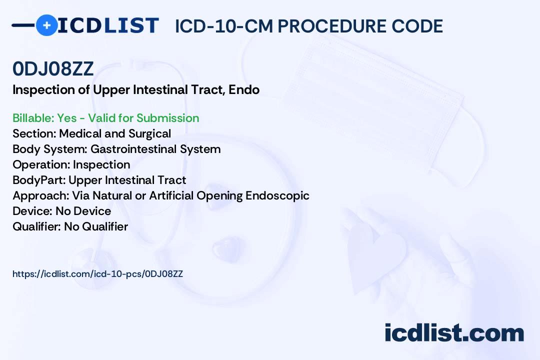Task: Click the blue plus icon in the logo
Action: (46, 25)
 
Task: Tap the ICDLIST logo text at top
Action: (108, 25)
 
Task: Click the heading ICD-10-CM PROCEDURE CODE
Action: (309, 26)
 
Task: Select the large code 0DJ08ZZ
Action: (53, 68)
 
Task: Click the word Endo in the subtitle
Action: (244, 89)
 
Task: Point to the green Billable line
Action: (105, 118)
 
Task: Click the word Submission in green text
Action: (167, 118)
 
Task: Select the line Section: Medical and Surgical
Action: (91, 133)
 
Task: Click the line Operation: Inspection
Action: (71, 164)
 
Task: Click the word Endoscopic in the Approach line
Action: (277, 195)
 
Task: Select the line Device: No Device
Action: (61, 211)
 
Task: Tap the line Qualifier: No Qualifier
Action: (70, 226)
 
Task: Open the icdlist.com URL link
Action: (98, 274)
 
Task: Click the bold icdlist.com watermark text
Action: (454, 333)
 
